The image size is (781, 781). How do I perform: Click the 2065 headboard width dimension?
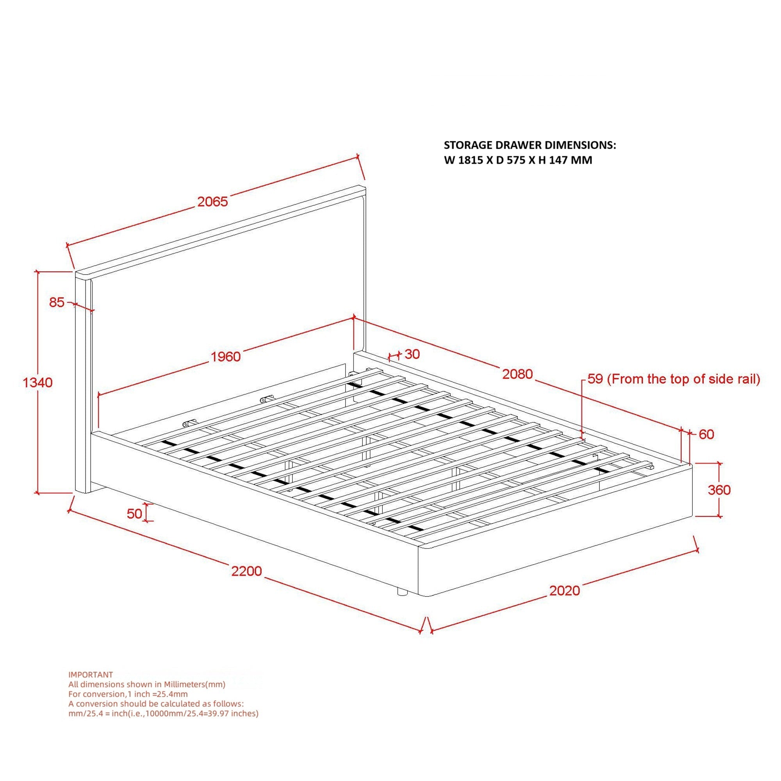pyautogui.click(x=213, y=202)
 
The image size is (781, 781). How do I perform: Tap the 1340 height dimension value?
pyautogui.click(x=37, y=382)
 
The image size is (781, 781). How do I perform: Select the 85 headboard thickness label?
pyautogui.click(x=57, y=302)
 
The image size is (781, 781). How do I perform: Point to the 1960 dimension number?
pyautogui.click(x=226, y=357)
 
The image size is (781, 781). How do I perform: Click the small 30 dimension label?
pyautogui.click(x=412, y=354)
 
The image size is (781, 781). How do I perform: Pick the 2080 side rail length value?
pyautogui.click(x=517, y=374)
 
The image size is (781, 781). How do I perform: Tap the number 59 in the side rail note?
pyautogui.click(x=595, y=379)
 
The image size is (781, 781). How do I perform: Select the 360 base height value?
pyautogui.click(x=719, y=490)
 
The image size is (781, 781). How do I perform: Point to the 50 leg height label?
pyautogui.click(x=135, y=514)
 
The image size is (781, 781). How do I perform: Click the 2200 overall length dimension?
pyautogui.click(x=246, y=571)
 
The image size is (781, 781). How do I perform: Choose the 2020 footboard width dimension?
pyautogui.click(x=564, y=591)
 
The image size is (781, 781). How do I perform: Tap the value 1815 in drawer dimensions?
pyautogui.click(x=470, y=160)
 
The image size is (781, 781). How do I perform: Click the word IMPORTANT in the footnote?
pyautogui.click(x=91, y=675)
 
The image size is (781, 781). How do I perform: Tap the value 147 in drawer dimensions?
pyautogui.click(x=559, y=160)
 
